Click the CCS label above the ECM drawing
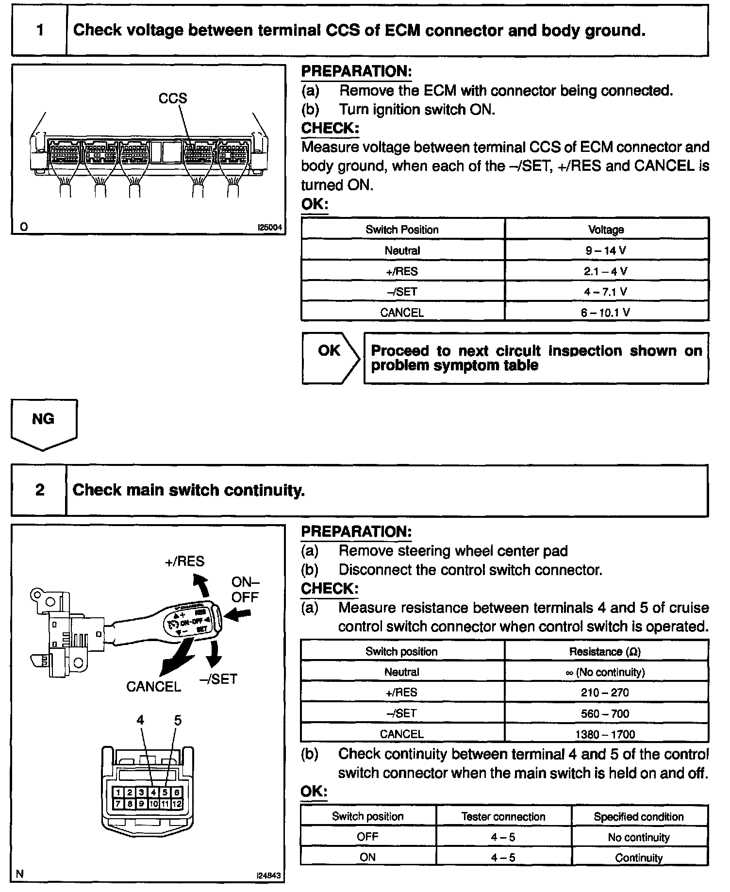(x=172, y=99)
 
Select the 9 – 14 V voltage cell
(x=606, y=250)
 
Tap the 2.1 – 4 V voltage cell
(x=606, y=271)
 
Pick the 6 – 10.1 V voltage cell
(x=606, y=313)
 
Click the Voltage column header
(x=606, y=230)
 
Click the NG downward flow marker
(x=43, y=422)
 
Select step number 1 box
(x=39, y=31)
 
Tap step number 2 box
(x=39, y=490)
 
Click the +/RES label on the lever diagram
(x=185, y=562)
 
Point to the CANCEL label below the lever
(x=153, y=687)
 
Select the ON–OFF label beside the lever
(x=245, y=590)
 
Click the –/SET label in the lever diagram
(x=218, y=679)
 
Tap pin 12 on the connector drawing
(x=177, y=804)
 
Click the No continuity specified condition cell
(x=639, y=837)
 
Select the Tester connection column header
(x=503, y=817)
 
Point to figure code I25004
(x=269, y=227)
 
